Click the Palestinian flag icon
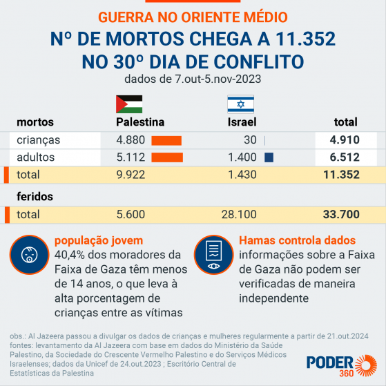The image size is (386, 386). [128, 104]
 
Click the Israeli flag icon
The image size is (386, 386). [241, 104]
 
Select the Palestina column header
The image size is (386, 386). [140, 122]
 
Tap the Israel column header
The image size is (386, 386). [242, 122]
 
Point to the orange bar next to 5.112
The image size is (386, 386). [167, 157]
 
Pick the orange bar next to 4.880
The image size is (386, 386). [166, 140]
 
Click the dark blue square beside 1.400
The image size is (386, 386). [269, 157]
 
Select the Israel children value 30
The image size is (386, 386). [250, 140]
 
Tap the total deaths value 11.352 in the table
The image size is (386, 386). [340, 175]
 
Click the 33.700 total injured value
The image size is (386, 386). [340, 215]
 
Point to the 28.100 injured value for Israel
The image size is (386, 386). [242, 215]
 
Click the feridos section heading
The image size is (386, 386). [35, 196]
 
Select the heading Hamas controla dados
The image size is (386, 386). [297, 241]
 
